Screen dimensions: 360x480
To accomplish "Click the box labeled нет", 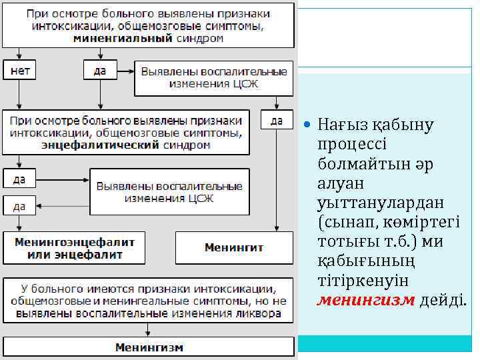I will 20,71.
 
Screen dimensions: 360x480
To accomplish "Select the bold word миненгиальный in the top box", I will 123,39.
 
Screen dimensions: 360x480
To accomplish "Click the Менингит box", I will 234,247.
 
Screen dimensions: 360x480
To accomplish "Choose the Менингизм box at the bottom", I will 149,347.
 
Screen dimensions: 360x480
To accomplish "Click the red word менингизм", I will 366,300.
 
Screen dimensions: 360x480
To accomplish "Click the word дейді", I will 442,300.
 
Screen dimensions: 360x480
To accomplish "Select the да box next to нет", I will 99,71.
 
